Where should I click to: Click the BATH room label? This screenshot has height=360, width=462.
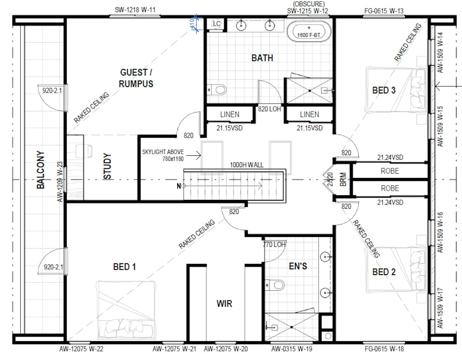click(262, 58)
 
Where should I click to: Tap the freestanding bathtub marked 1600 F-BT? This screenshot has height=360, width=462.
click(309, 32)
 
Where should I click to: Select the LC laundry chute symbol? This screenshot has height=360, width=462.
click(217, 24)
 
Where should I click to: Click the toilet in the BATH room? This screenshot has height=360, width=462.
click(217, 90)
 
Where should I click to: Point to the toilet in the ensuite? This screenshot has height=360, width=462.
click(275, 285)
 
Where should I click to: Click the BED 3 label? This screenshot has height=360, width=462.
click(384, 90)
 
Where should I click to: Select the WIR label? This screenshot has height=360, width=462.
click(224, 304)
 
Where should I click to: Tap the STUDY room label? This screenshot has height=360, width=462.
click(107, 166)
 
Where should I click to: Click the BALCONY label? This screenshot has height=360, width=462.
click(41, 170)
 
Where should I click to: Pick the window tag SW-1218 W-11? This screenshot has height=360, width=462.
click(135, 10)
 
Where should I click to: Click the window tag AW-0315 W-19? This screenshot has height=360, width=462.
click(292, 349)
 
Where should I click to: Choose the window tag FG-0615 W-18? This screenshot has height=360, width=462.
click(384, 349)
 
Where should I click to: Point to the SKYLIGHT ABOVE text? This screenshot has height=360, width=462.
click(163, 152)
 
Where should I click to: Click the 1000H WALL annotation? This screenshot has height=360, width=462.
click(247, 165)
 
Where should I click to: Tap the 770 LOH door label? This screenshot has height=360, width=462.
click(274, 245)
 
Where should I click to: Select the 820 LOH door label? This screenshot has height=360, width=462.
click(269, 109)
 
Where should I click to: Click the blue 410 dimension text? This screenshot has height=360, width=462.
click(192, 23)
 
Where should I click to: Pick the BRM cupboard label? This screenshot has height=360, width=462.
click(343, 179)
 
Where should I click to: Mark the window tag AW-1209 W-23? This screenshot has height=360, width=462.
click(60, 182)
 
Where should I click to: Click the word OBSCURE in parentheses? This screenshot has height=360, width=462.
click(309, 4)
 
